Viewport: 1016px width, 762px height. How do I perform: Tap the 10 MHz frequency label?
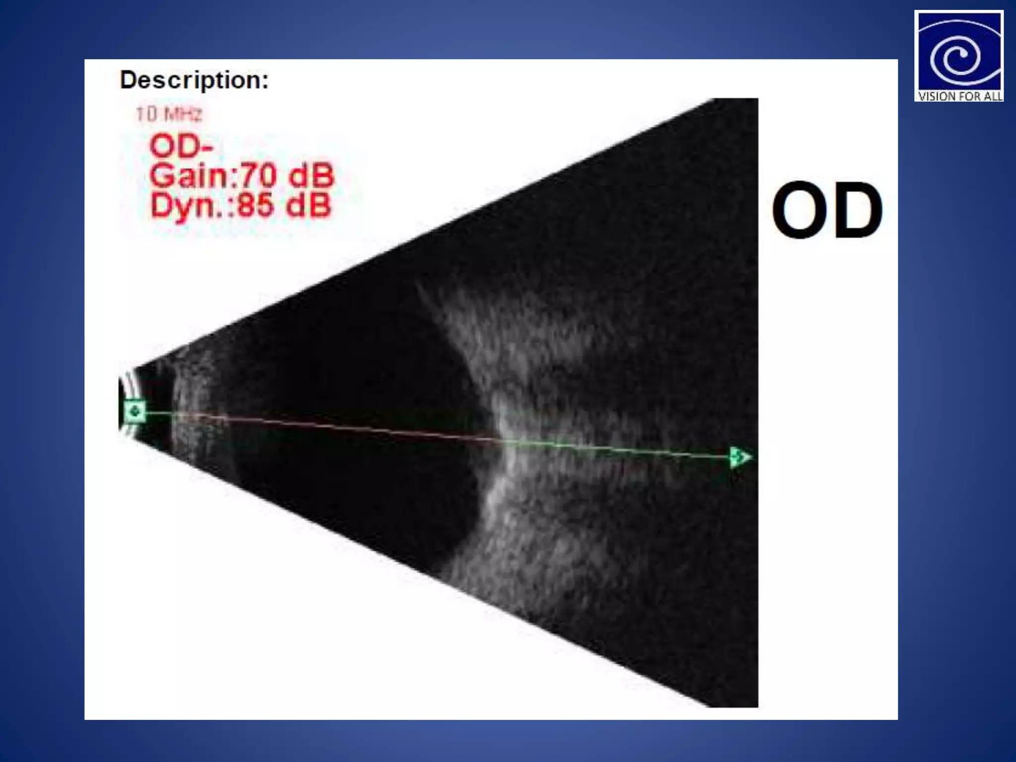tap(169, 115)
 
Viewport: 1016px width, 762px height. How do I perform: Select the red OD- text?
tap(181, 146)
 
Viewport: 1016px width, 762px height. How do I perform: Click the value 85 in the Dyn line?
tap(255, 205)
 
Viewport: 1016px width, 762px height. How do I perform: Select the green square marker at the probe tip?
tap(134, 411)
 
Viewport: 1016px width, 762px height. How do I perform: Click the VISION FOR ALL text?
tap(959, 96)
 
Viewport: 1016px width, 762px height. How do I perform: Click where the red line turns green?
tap(499, 440)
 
